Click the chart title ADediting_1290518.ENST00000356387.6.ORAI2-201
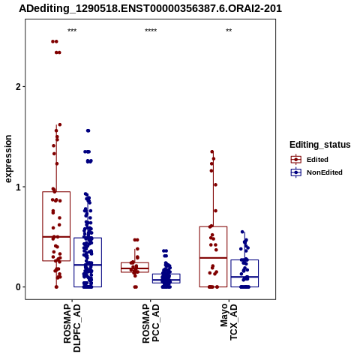point(150,9)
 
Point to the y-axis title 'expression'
point(8,159)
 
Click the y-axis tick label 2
point(18,87)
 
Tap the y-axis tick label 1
point(18,187)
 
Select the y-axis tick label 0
point(18,287)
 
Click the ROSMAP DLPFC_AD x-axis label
point(72,328)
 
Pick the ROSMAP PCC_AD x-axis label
point(151,323)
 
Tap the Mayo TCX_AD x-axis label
point(229,322)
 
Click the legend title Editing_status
point(320,145)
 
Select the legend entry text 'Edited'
point(317,160)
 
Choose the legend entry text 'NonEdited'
point(325,172)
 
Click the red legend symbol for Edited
point(296,160)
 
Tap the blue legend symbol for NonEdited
point(296,172)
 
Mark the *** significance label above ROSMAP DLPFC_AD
point(72,31)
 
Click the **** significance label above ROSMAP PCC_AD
point(151,31)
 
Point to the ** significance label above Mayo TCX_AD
point(229,31)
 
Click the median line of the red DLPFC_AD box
point(56,236)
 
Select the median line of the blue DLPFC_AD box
point(88,265)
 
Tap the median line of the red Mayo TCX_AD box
point(213,258)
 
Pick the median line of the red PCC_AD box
point(135,268)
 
